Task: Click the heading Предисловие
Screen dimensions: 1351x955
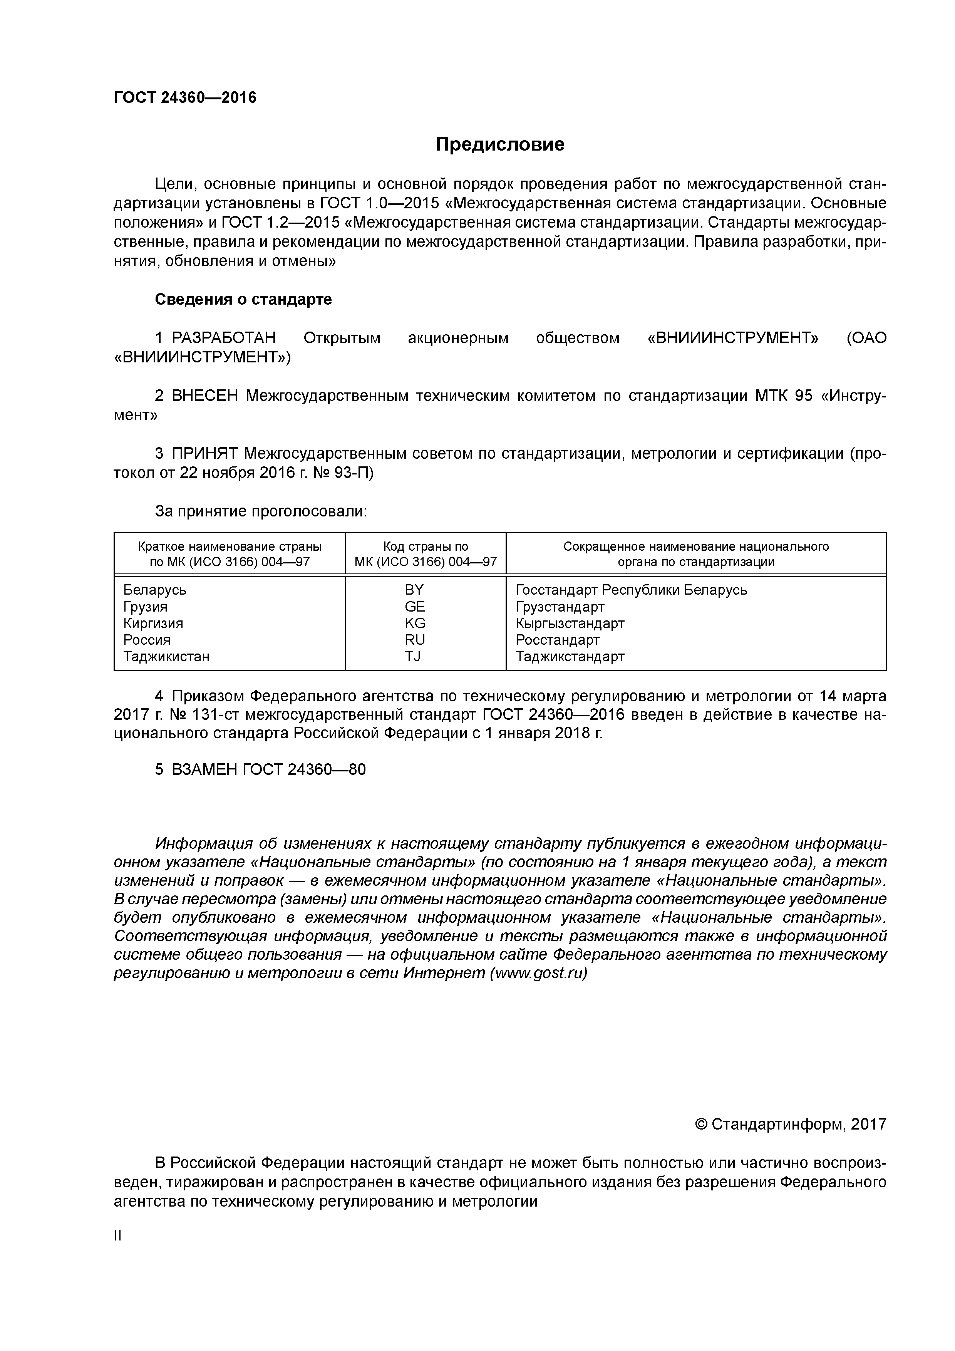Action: pos(499,144)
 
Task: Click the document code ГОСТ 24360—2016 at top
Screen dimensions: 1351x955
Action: pos(185,98)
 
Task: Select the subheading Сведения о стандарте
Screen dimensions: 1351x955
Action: pos(243,300)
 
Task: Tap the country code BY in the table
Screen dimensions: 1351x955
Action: pos(414,590)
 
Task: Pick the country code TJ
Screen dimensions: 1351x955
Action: pos(413,656)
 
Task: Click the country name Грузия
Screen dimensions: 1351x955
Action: pos(145,607)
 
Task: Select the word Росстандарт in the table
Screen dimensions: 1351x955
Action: pos(558,640)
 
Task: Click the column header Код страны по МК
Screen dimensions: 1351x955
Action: pos(426,554)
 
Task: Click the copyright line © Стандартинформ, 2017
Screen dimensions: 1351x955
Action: pos(790,1125)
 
